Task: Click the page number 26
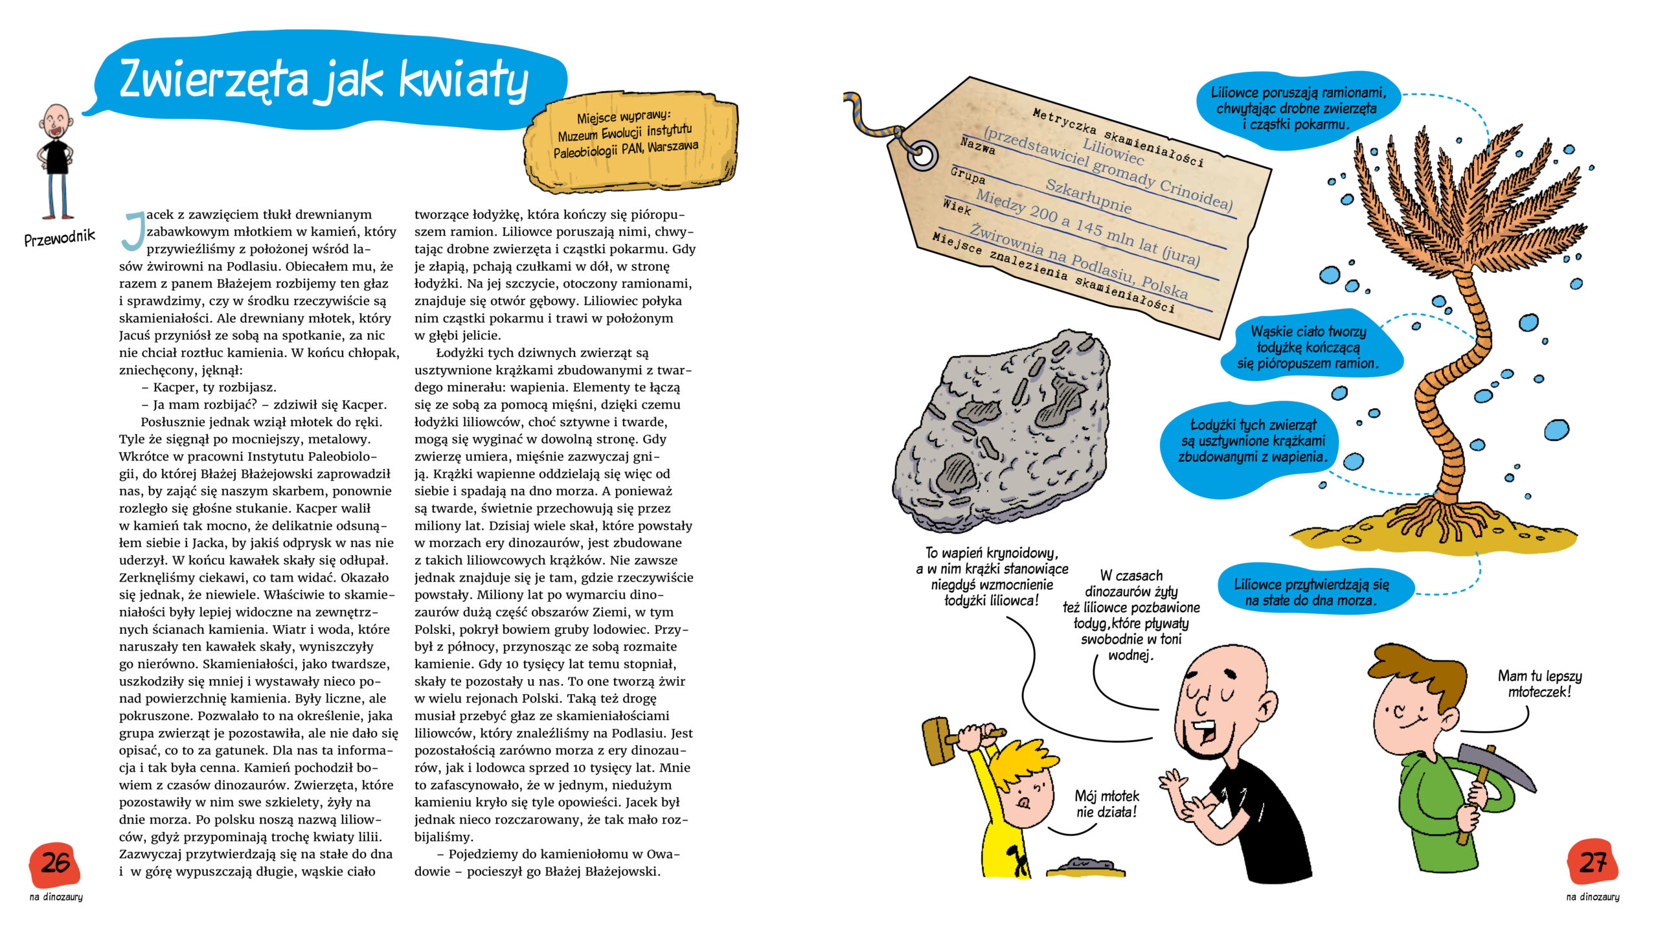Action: pos(55,863)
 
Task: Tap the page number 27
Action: pos(1593,863)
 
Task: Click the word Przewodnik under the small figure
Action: pos(60,238)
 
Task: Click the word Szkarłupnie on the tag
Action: pos(1088,196)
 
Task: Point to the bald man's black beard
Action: pos(1202,751)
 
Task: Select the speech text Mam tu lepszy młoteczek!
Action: pos(1539,684)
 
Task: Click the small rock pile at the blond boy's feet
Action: pos(1085,866)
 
